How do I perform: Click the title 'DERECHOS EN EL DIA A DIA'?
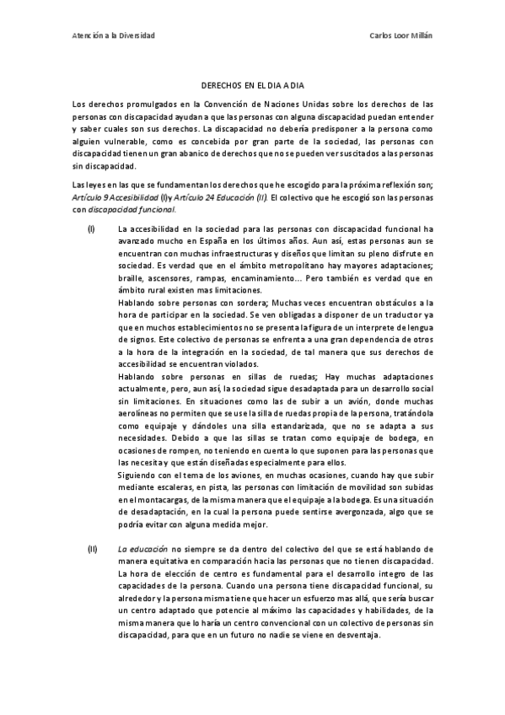point(253,86)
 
